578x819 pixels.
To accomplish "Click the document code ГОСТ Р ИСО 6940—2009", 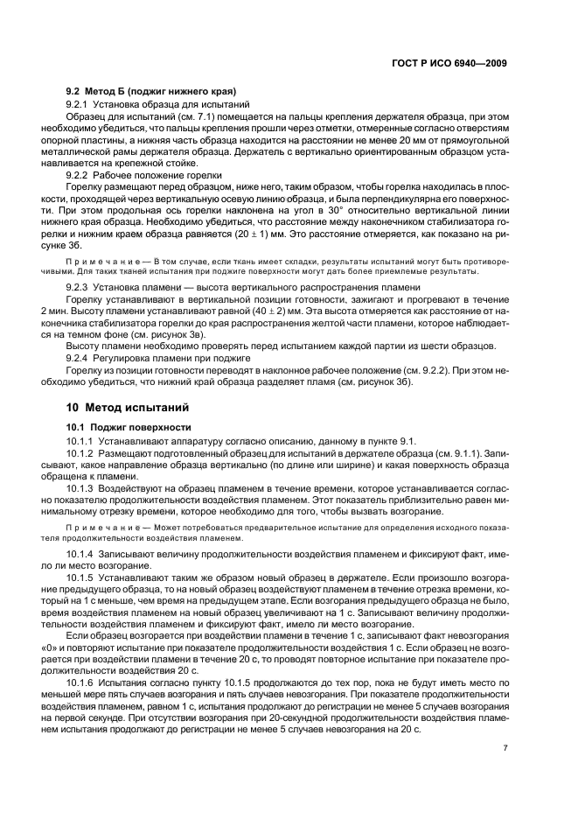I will pyautogui.click(x=446, y=64).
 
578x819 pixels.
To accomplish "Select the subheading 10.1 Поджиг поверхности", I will pyautogui.click(x=122, y=425).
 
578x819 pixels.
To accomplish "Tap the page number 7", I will pyautogui.click(x=505, y=748).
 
